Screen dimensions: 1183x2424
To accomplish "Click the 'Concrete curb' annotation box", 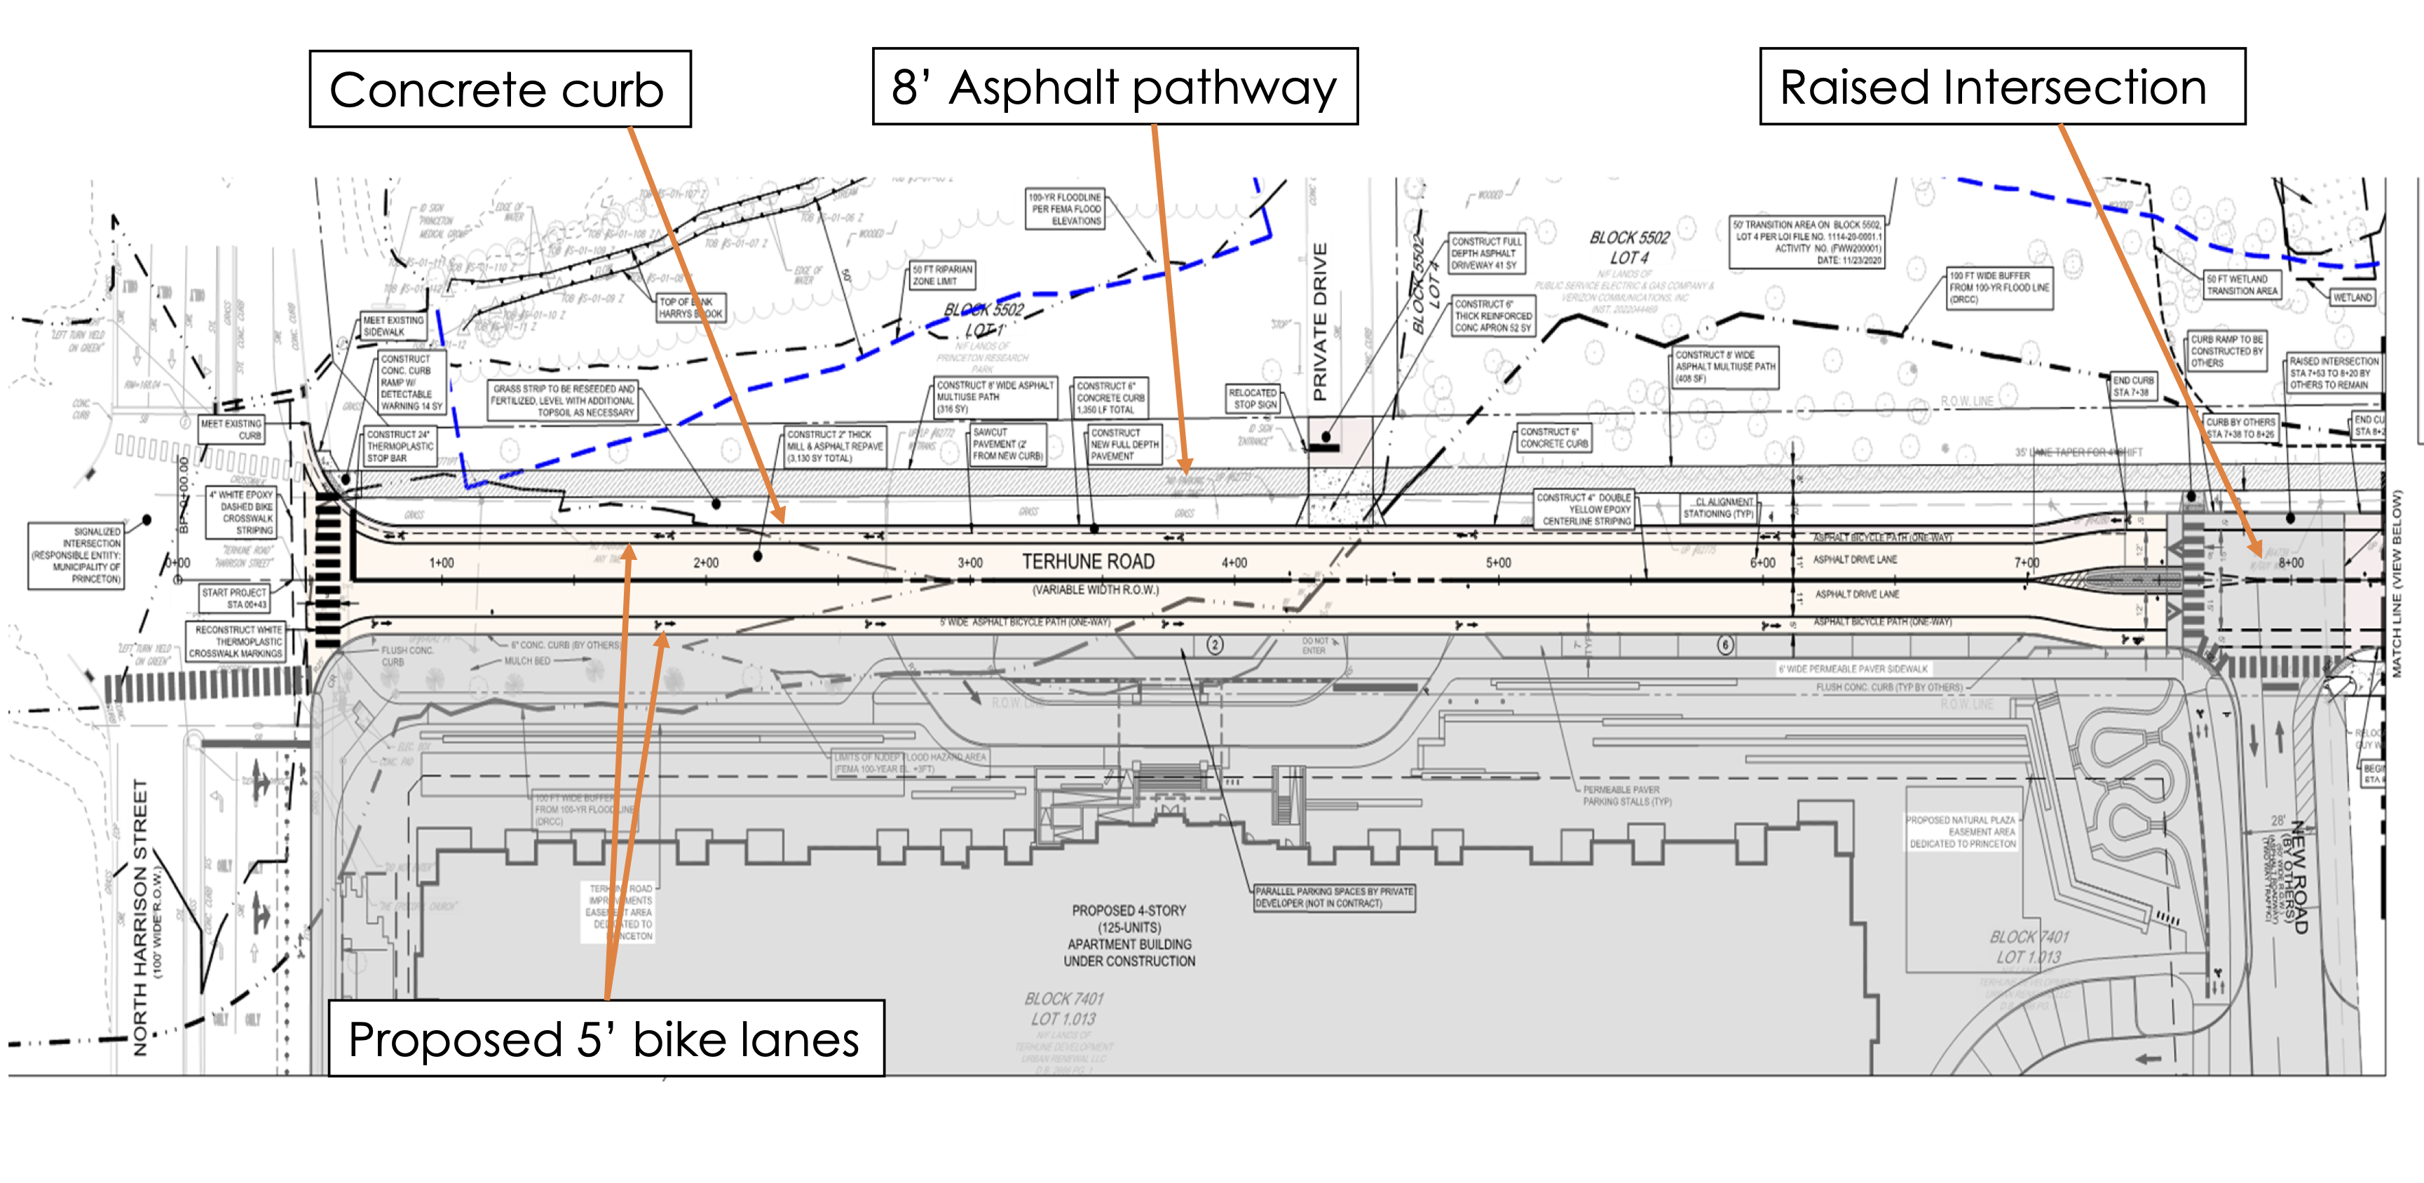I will pos(500,90).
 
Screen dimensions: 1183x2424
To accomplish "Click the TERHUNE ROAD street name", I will pos(1088,562).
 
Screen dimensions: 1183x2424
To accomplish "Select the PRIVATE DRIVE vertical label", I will pos(1320,321).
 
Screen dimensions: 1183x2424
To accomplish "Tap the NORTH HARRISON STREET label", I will pos(140,917).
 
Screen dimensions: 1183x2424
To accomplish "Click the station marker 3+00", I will pos(969,563).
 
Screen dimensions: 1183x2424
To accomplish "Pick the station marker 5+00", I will pos(1498,563).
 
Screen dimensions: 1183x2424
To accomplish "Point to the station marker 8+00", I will pos(2290,563).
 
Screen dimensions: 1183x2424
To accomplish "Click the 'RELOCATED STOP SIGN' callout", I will pos(1253,398).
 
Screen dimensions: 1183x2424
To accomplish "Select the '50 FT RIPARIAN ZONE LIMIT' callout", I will pos(942,275).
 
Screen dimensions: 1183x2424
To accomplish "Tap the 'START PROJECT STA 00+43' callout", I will pos(234,598).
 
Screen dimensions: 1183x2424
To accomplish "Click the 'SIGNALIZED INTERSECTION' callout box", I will pos(76,555).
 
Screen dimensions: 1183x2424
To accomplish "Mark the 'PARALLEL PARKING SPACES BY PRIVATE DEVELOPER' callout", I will pos(1333,897).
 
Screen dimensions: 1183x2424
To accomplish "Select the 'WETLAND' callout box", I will pos(2352,297).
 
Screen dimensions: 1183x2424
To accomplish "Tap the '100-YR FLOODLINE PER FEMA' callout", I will pos(1064,209).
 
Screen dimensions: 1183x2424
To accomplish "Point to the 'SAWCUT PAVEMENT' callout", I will pos(1007,444).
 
